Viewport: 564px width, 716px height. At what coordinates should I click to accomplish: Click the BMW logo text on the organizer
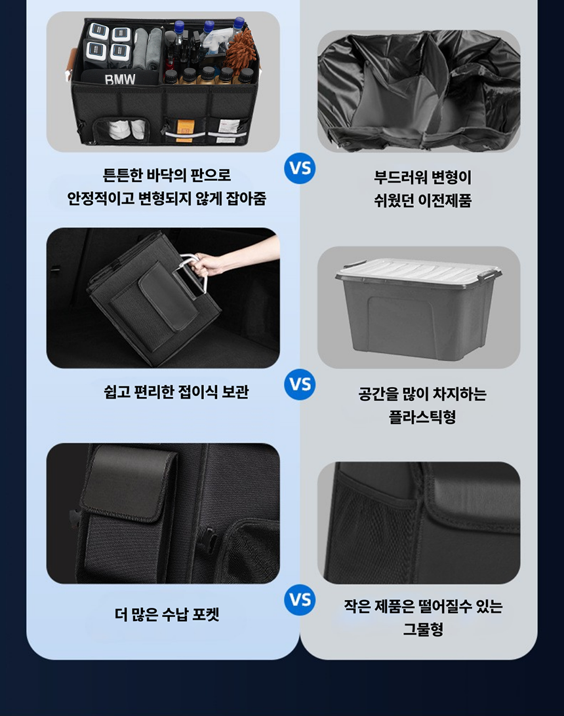[120, 79]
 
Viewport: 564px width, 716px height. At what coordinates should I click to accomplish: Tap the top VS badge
[300, 168]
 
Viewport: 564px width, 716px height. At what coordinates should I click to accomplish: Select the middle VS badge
[300, 384]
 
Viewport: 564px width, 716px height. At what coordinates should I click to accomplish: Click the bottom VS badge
[300, 599]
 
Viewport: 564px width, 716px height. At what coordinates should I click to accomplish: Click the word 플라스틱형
[422, 417]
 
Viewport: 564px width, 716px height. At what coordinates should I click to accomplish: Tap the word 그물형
[423, 630]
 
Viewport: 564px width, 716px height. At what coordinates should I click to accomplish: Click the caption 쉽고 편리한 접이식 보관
[176, 392]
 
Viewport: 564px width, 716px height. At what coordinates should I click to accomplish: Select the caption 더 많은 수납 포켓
[167, 614]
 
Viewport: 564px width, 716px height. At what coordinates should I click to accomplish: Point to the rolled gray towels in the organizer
[147, 47]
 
